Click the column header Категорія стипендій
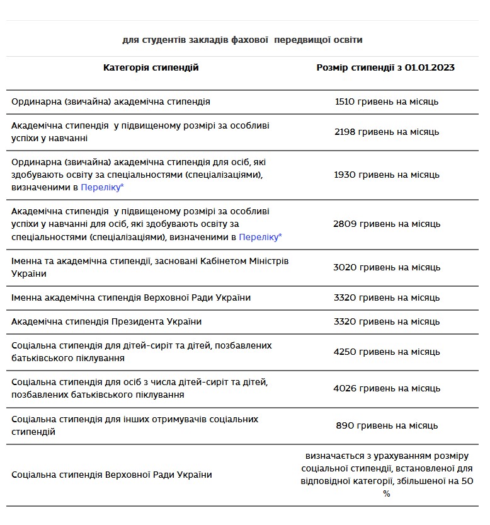tap(151, 67)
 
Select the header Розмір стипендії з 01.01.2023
tap(385, 67)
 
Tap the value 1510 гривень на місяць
tap(387, 101)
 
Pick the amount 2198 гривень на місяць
tap(387, 132)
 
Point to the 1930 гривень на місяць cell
tap(387, 175)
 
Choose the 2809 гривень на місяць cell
tap(387, 224)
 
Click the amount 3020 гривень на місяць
tap(387, 267)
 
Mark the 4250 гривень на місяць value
tap(387, 352)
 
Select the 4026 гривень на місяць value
tap(387, 388)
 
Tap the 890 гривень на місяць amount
tap(387, 425)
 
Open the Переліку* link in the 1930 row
tap(102, 187)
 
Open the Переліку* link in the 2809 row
tap(261, 237)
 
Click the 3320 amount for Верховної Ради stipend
tap(387, 297)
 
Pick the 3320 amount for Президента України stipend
tap(387, 321)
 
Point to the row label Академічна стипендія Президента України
tap(106, 321)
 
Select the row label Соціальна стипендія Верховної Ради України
tap(111, 475)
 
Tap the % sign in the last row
tap(387, 493)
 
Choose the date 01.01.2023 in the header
tap(430, 67)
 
